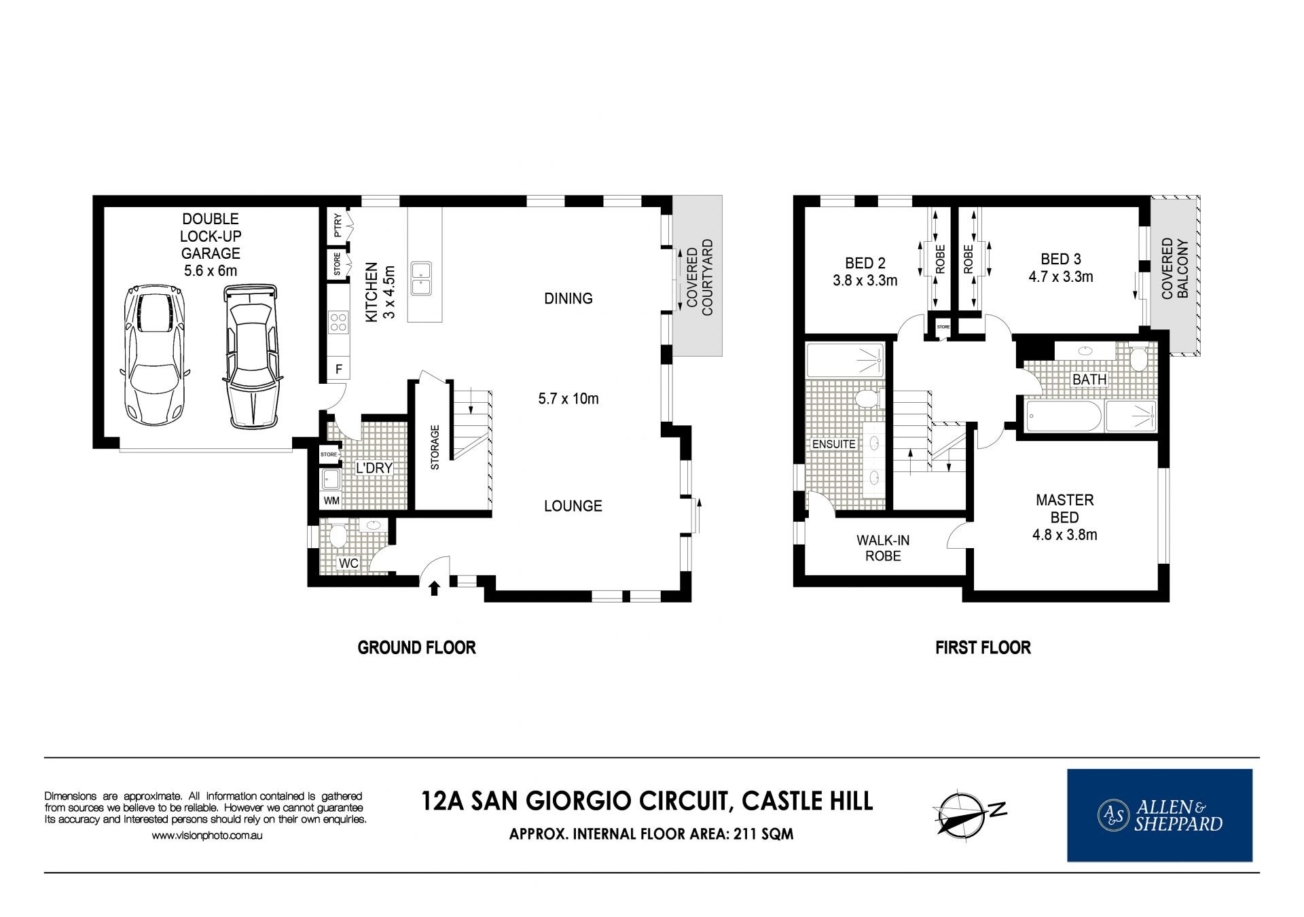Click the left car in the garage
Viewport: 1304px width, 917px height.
pyautogui.click(x=154, y=355)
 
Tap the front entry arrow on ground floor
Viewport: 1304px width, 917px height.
pyautogui.click(x=435, y=587)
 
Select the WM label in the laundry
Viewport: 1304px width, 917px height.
pyautogui.click(x=331, y=501)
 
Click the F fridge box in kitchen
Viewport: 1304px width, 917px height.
pyautogui.click(x=338, y=370)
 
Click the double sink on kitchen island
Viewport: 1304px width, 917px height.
pyautogui.click(x=421, y=278)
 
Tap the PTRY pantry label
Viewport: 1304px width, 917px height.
pyautogui.click(x=338, y=225)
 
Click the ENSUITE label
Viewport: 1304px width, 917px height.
pyautogui.click(x=834, y=444)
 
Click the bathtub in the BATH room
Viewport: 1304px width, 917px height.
pyautogui.click(x=1063, y=416)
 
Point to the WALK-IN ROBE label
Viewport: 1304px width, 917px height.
pyautogui.click(x=883, y=548)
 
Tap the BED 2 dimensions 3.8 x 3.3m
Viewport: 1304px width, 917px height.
pyautogui.click(x=865, y=280)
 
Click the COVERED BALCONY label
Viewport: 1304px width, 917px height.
pyautogui.click(x=1175, y=268)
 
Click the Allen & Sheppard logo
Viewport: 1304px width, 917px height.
pyautogui.click(x=1159, y=815)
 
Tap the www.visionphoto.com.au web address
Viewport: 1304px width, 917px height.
pyautogui.click(x=206, y=835)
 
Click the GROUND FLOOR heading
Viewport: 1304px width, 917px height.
pyautogui.click(x=416, y=647)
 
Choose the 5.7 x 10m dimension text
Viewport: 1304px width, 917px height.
pyautogui.click(x=568, y=399)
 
